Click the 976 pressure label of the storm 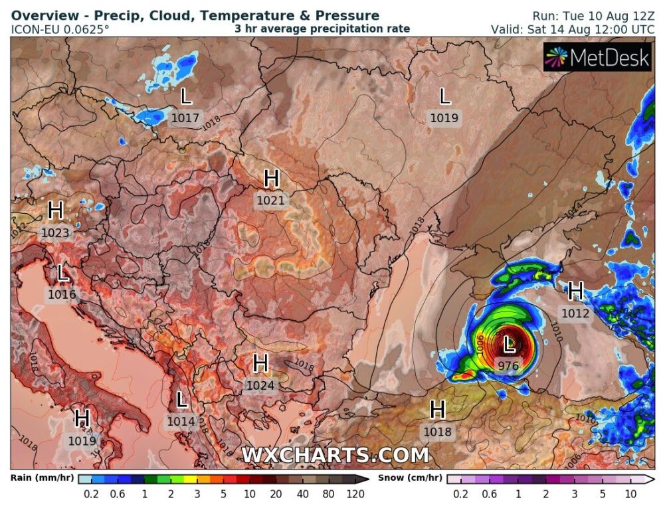pyautogui.click(x=508, y=365)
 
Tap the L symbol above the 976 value pyautogui.click(x=509, y=345)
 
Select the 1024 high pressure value pyautogui.click(x=260, y=384)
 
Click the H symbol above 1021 pyautogui.click(x=271, y=179)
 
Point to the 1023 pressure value pyautogui.click(x=55, y=232)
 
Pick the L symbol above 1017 pyautogui.click(x=185, y=98)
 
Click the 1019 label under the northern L pyautogui.click(x=444, y=118)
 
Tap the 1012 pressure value pyautogui.click(x=575, y=313)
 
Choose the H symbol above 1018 pyautogui.click(x=437, y=410)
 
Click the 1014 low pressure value pyautogui.click(x=181, y=421)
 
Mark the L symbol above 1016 pyautogui.click(x=63, y=274)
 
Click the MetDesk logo pyautogui.click(x=597, y=58)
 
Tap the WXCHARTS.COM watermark pyautogui.click(x=335, y=456)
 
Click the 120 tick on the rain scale pyautogui.click(x=355, y=494)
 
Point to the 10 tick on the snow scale pyautogui.click(x=630, y=494)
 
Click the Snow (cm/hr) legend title pyautogui.click(x=410, y=478)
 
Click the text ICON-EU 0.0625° pyautogui.click(x=60, y=29)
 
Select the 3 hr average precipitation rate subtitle pyautogui.click(x=322, y=29)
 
